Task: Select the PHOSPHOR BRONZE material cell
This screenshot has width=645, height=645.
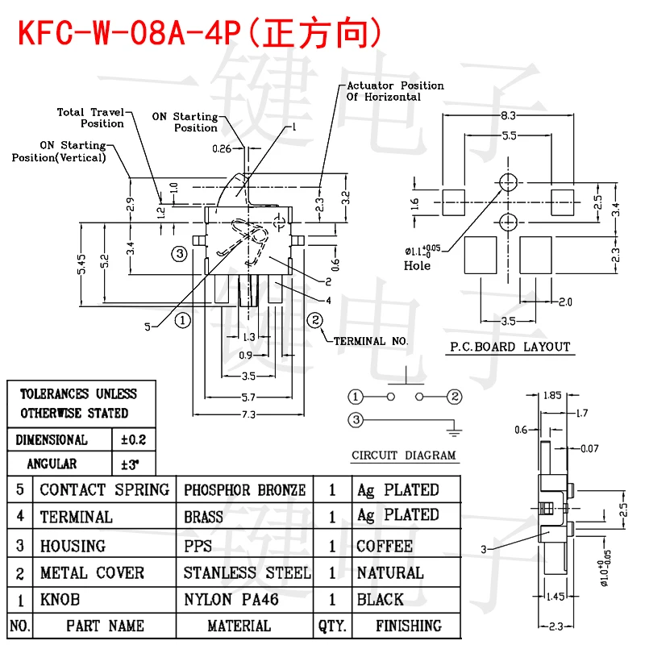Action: coord(244,490)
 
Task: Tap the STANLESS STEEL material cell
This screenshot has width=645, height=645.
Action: coord(247,573)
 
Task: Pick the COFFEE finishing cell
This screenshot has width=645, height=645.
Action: coord(384,546)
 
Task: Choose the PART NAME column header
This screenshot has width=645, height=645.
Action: coord(105,626)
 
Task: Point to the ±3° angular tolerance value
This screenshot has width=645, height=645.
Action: coord(130,464)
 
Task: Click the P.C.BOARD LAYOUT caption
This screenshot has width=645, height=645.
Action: coord(509,347)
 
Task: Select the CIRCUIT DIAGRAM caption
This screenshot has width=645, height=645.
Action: coord(404,456)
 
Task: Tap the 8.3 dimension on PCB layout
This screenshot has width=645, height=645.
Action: coord(508,116)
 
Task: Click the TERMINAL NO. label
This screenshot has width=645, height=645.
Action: coord(371,341)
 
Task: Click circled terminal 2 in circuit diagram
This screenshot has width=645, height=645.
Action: coord(455,396)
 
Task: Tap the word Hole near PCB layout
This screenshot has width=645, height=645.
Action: coord(417,266)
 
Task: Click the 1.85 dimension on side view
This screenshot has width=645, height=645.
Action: coord(552,397)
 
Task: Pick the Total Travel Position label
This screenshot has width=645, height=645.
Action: coord(90,118)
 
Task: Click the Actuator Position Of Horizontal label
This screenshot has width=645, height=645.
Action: coord(395,91)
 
